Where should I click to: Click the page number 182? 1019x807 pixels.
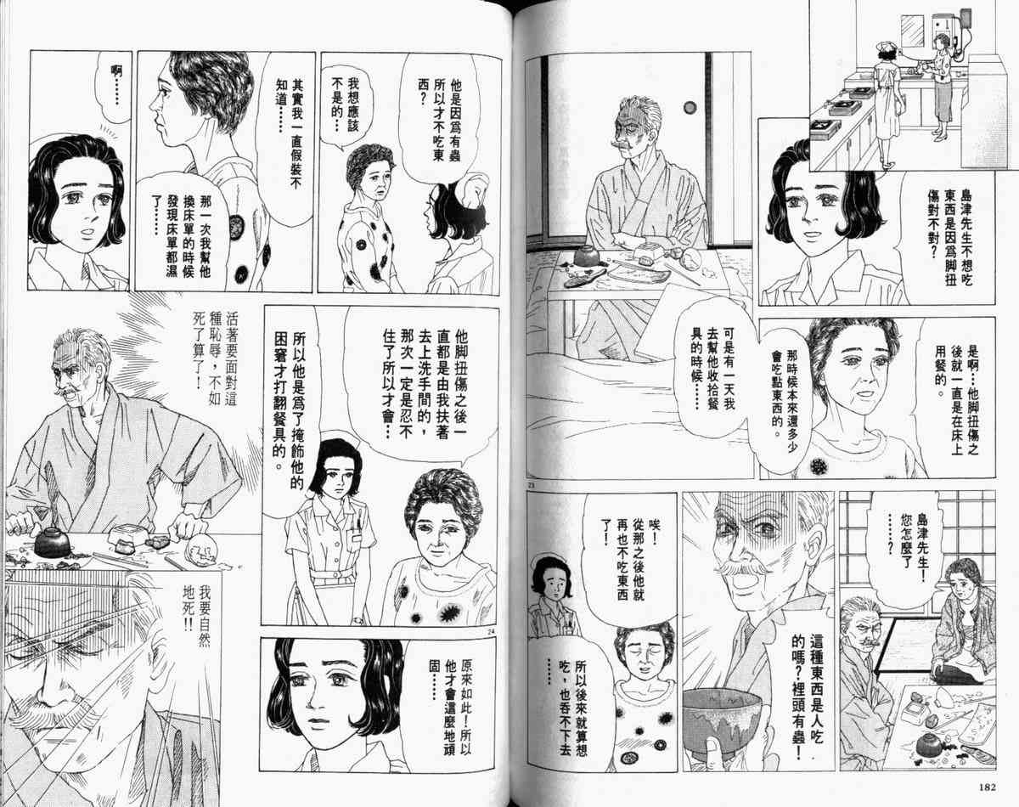click(x=985, y=787)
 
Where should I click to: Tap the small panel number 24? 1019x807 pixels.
click(x=490, y=630)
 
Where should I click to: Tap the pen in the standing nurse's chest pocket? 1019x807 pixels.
click(x=358, y=522)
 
